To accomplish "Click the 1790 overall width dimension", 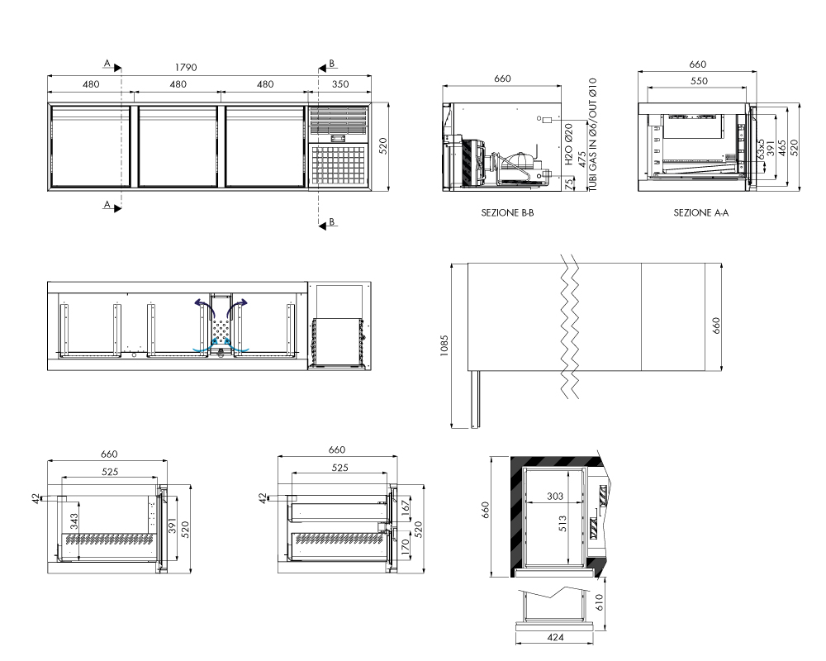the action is [x=186, y=68].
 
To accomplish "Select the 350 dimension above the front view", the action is [x=340, y=83].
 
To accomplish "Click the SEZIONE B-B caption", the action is [x=507, y=213].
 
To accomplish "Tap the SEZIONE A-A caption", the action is [x=701, y=213].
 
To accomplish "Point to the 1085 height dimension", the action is [x=444, y=346].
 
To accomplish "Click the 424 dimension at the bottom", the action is [x=556, y=637].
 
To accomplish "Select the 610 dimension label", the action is [x=599, y=602].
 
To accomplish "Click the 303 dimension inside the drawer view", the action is [x=555, y=496].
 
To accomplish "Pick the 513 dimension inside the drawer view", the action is [x=563, y=523].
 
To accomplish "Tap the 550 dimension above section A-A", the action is [x=699, y=81].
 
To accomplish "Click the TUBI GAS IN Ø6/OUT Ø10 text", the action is [x=592, y=135].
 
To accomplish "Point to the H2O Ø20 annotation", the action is [x=569, y=145].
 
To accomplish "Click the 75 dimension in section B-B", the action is [x=569, y=184].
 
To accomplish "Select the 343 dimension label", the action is [x=74, y=522].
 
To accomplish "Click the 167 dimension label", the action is [x=405, y=507].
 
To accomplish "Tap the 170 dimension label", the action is [x=405, y=548].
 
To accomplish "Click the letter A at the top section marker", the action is [x=107, y=64].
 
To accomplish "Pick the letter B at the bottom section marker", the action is [x=332, y=222].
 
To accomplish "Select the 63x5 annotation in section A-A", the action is [x=760, y=150].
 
